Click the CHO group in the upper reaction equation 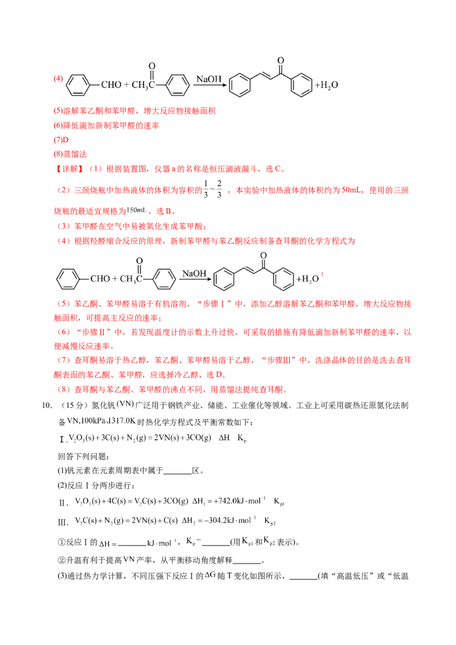coord(111,85)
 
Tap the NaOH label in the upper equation coord(209,79)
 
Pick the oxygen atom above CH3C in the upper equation coord(152,66)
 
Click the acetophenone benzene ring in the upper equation coord(178,85)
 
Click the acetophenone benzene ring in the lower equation coord(165,279)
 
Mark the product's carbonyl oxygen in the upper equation coord(280,60)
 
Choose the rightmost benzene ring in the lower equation coord(283,279)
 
